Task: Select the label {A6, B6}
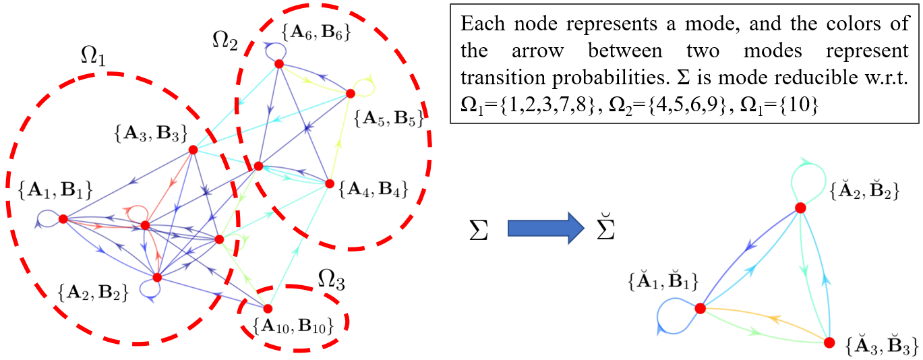pyautogui.click(x=316, y=32)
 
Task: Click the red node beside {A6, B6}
pyautogui.click(x=278, y=64)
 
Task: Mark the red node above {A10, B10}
pyautogui.click(x=268, y=309)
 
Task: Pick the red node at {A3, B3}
pyautogui.click(x=193, y=150)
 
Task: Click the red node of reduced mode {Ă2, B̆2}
pyautogui.click(x=800, y=208)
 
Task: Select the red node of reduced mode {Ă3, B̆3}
pyautogui.click(x=829, y=342)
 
